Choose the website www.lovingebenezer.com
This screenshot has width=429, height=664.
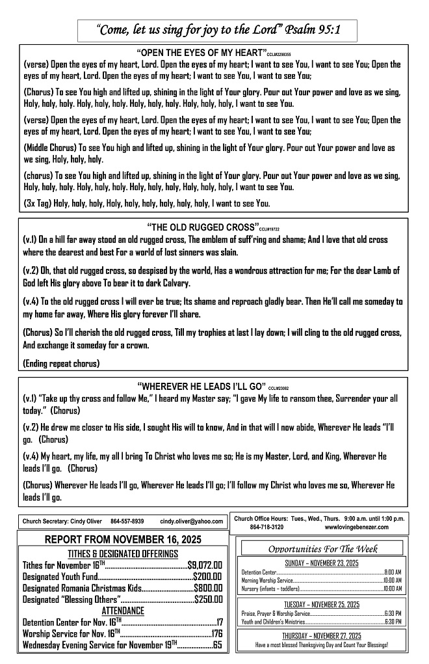(356, 526)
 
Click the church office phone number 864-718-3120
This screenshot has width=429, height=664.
(266, 526)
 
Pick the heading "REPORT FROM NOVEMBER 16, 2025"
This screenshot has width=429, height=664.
(123, 540)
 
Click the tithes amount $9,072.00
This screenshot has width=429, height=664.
(205, 564)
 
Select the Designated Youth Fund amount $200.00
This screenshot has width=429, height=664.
(208, 576)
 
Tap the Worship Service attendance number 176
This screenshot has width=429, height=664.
(216, 633)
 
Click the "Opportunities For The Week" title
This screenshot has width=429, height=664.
(323, 548)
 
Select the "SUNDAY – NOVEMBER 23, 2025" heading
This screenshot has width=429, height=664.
(322, 562)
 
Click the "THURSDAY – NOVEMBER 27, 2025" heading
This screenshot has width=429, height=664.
(322, 635)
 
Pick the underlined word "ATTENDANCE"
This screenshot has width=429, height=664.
(123, 611)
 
